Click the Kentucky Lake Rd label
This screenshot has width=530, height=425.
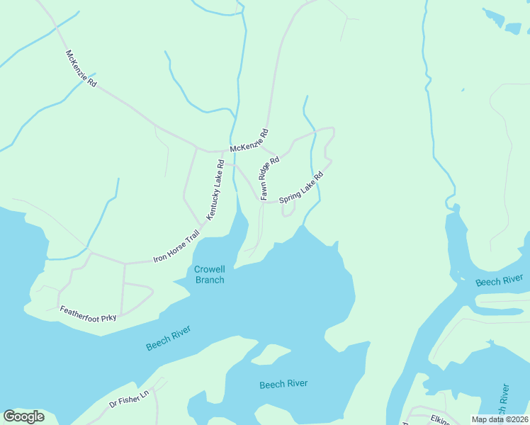coord(215,189)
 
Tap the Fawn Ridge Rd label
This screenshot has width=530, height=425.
coord(270,178)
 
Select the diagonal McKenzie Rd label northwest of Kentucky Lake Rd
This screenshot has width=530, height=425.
coord(81,68)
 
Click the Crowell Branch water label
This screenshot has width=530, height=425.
coord(209,274)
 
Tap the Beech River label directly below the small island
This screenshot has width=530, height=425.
coord(283,384)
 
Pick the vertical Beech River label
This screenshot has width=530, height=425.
coord(503,403)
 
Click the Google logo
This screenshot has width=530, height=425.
coord(23,416)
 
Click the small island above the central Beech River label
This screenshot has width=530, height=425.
coord(267,353)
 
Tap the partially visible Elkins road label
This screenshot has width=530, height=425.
coord(440,419)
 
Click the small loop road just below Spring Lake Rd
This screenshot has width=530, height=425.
coord(288,210)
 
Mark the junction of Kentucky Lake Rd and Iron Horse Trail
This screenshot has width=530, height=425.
coord(205,222)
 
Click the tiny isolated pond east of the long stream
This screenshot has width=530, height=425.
coord(463,90)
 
